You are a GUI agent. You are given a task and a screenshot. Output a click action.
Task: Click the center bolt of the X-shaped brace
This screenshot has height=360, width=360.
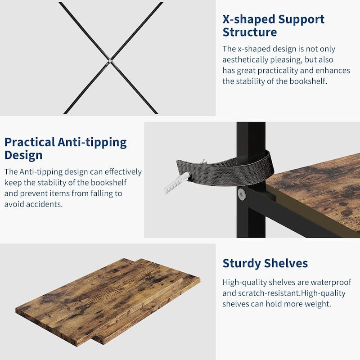110,61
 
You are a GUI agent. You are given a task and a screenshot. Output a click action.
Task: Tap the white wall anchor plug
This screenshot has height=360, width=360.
177,183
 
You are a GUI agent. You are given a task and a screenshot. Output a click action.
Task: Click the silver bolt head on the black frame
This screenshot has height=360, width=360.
242,194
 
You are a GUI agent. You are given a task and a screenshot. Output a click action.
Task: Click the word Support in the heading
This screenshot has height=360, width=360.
301,20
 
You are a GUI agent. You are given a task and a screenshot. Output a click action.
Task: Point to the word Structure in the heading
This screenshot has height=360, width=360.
250,32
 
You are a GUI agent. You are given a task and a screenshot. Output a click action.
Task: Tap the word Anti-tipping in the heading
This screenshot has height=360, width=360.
92,143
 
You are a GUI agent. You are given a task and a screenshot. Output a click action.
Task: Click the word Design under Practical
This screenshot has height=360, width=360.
23,156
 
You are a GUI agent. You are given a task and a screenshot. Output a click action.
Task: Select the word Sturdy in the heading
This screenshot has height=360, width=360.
242,264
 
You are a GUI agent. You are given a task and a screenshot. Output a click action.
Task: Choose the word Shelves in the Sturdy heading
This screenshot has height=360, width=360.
286,263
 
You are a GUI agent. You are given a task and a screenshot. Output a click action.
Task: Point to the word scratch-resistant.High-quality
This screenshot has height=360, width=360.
292,293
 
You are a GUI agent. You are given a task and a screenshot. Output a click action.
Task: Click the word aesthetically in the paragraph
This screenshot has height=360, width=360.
245,60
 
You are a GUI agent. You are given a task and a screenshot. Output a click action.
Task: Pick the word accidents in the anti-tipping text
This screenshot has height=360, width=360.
45,204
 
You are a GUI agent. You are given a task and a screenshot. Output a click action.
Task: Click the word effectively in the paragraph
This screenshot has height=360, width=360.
123,172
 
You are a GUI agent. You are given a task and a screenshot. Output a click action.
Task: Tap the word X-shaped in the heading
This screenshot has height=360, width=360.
249,19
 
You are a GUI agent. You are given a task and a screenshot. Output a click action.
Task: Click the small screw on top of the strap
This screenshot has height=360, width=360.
203,162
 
